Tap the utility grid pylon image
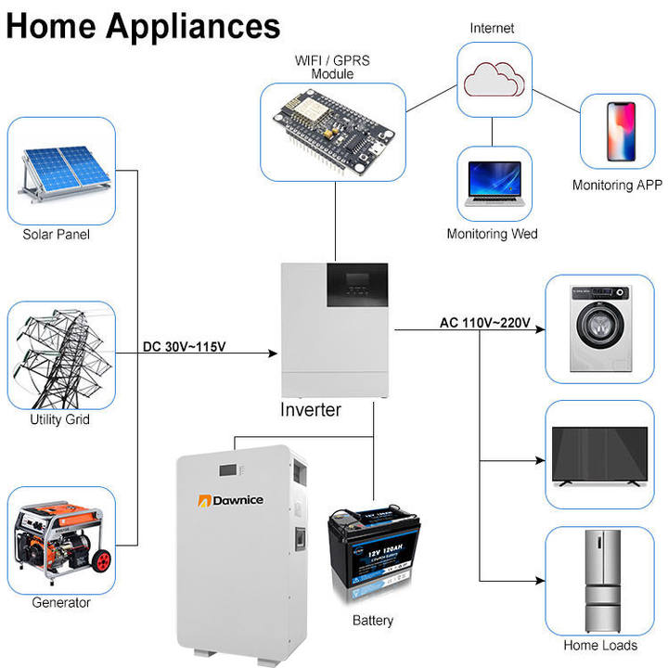coord(61,355)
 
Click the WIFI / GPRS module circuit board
coord(332,131)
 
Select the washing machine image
coord(598,328)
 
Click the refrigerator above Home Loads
coord(598,581)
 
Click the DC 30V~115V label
coord(185,348)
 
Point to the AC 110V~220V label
coord(484,323)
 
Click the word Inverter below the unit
coord(311,410)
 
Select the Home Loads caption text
coord(600,645)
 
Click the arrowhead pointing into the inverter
coord(274,354)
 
